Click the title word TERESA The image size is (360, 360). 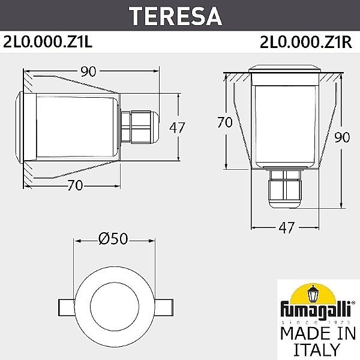click(179, 16)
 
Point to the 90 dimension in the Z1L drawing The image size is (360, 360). click(88, 72)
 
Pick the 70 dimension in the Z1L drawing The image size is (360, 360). click(74, 185)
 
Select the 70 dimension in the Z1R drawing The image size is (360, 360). click(225, 123)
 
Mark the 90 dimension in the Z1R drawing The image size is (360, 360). click(343, 137)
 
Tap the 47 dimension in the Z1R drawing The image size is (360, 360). click(286, 227)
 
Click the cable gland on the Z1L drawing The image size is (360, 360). click(139, 127)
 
